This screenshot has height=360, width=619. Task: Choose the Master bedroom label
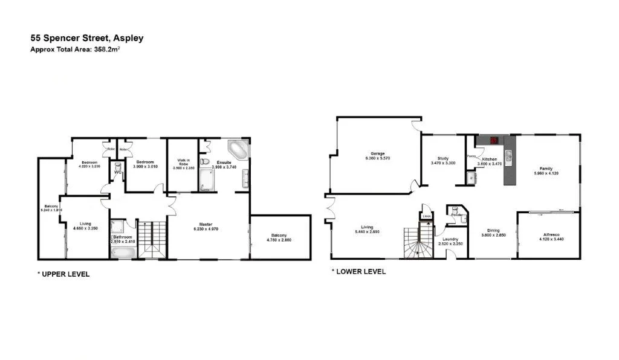coord(209,224)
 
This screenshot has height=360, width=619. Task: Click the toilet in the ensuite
coord(205,164)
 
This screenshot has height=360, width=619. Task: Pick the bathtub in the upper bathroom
coord(125,252)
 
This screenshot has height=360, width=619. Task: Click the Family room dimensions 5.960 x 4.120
coord(546,173)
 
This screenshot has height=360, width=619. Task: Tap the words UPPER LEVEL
coord(66,274)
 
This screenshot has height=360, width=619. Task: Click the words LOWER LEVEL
coord(361,272)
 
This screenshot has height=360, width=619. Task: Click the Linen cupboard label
coord(426,216)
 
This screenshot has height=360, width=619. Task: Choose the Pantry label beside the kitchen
coord(471,156)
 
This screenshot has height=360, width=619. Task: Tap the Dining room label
coord(494,230)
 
